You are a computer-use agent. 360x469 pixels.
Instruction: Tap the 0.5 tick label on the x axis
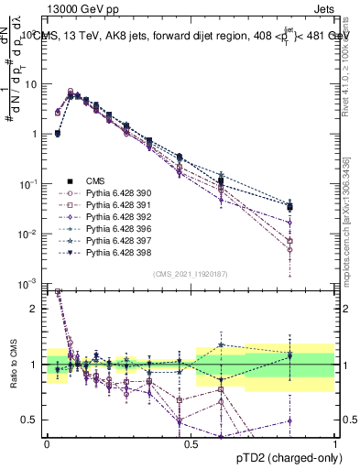click(x=191, y=442)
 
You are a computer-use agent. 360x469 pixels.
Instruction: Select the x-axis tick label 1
click(x=334, y=442)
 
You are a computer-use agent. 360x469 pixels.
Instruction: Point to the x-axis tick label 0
click(x=47, y=442)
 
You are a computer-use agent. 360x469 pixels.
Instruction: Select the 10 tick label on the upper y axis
click(x=31, y=84)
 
